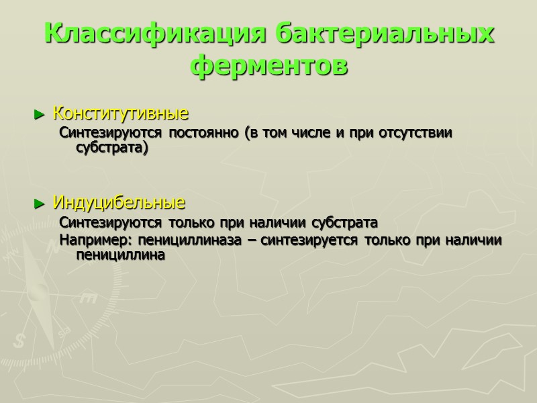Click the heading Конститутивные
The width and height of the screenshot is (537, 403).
tap(120, 112)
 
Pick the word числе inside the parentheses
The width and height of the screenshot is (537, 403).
tap(311, 133)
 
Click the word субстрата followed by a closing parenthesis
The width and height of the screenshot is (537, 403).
tap(111, 147)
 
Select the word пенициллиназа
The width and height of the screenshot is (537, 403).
tap(194, 240)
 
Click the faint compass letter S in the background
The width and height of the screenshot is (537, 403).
tap(19, 341)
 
